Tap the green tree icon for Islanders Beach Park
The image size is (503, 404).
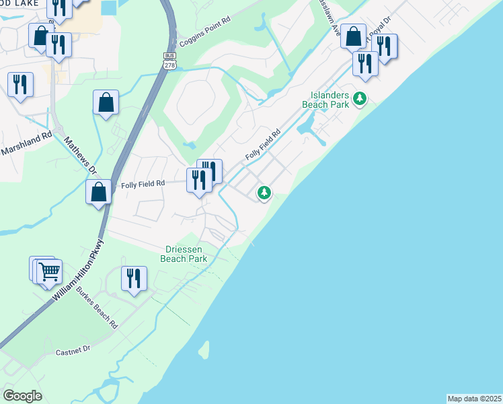click(360, 100)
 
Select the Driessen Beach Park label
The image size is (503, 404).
click(186, 253)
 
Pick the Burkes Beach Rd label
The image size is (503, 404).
click(97, 308)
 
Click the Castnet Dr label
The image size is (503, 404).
click(73, 351)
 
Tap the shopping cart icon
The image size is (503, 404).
click(50, 272)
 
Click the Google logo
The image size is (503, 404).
click(22, 396)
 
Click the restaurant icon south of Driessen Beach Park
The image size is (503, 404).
click(134, 277)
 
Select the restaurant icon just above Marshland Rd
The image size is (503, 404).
click(20, 84)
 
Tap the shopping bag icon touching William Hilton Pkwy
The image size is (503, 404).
click(99, 191)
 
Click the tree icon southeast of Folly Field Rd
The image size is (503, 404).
click(264, 193)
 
